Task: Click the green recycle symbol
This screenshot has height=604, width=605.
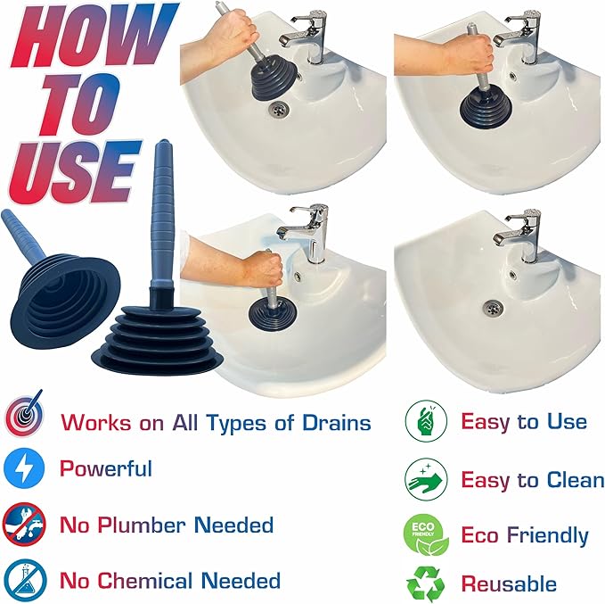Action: tap(425, 583)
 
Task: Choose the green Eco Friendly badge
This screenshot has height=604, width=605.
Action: tap(425, 534)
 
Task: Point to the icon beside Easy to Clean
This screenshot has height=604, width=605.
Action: tap(425, 478)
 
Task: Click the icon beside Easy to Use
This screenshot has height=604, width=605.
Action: tap(425, 422)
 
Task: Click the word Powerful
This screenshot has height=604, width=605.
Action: tap(105, 469)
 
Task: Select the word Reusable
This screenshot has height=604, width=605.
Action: tap(508, 584)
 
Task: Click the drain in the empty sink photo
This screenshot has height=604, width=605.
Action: tap(491, 307)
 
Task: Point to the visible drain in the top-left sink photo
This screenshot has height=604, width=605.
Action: tap(280, 108)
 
